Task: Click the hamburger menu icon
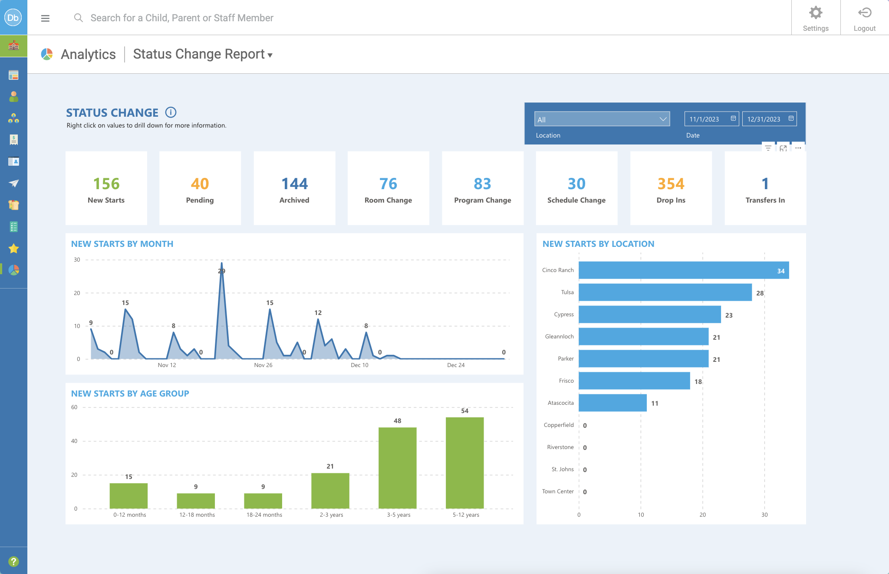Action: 45,18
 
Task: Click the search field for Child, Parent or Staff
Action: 182,18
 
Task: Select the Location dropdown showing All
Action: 602,119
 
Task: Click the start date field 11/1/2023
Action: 711,119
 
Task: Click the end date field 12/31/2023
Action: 769,119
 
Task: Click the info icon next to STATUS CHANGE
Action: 171,112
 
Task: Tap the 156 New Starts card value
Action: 106,184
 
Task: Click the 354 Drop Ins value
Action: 671,184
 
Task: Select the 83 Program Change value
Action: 482,184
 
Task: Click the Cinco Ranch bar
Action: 683,270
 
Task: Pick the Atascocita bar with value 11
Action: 612,403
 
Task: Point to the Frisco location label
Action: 566,381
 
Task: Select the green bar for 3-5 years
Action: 397,468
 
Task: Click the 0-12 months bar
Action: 128,495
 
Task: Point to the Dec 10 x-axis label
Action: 359,365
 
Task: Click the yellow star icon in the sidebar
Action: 13,249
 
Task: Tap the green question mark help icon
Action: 13,561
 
